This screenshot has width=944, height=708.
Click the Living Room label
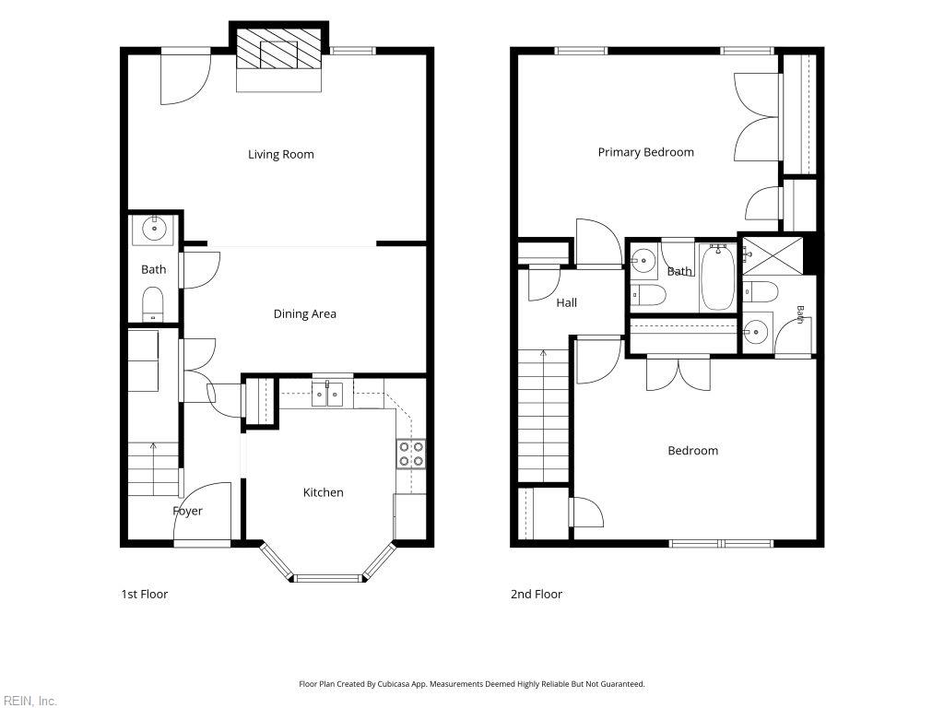click(281, 154)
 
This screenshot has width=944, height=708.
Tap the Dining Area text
click(304, 313)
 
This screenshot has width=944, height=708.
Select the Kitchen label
click(324, 492)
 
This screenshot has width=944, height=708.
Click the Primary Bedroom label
click(646, 152)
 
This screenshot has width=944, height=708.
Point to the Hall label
click(567, 302)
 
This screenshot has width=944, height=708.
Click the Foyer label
click(187, 511)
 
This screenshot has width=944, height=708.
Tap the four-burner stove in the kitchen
click(411, 454)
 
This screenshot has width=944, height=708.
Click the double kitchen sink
click(327, 394)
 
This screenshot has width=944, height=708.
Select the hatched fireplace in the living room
click(278, 48)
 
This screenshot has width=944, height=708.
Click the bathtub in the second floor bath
click(718, 277)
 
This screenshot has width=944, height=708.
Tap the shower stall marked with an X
click(773, 256)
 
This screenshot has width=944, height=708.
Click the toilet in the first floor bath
click(152, 304)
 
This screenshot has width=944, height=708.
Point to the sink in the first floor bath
click(155, 230)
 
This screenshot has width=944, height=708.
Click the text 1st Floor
click(145, 595)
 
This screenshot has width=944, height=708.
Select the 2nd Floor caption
click(537, 595)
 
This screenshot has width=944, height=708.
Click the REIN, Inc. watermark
click(29, 701)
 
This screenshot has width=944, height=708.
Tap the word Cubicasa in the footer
click(394, 684)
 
